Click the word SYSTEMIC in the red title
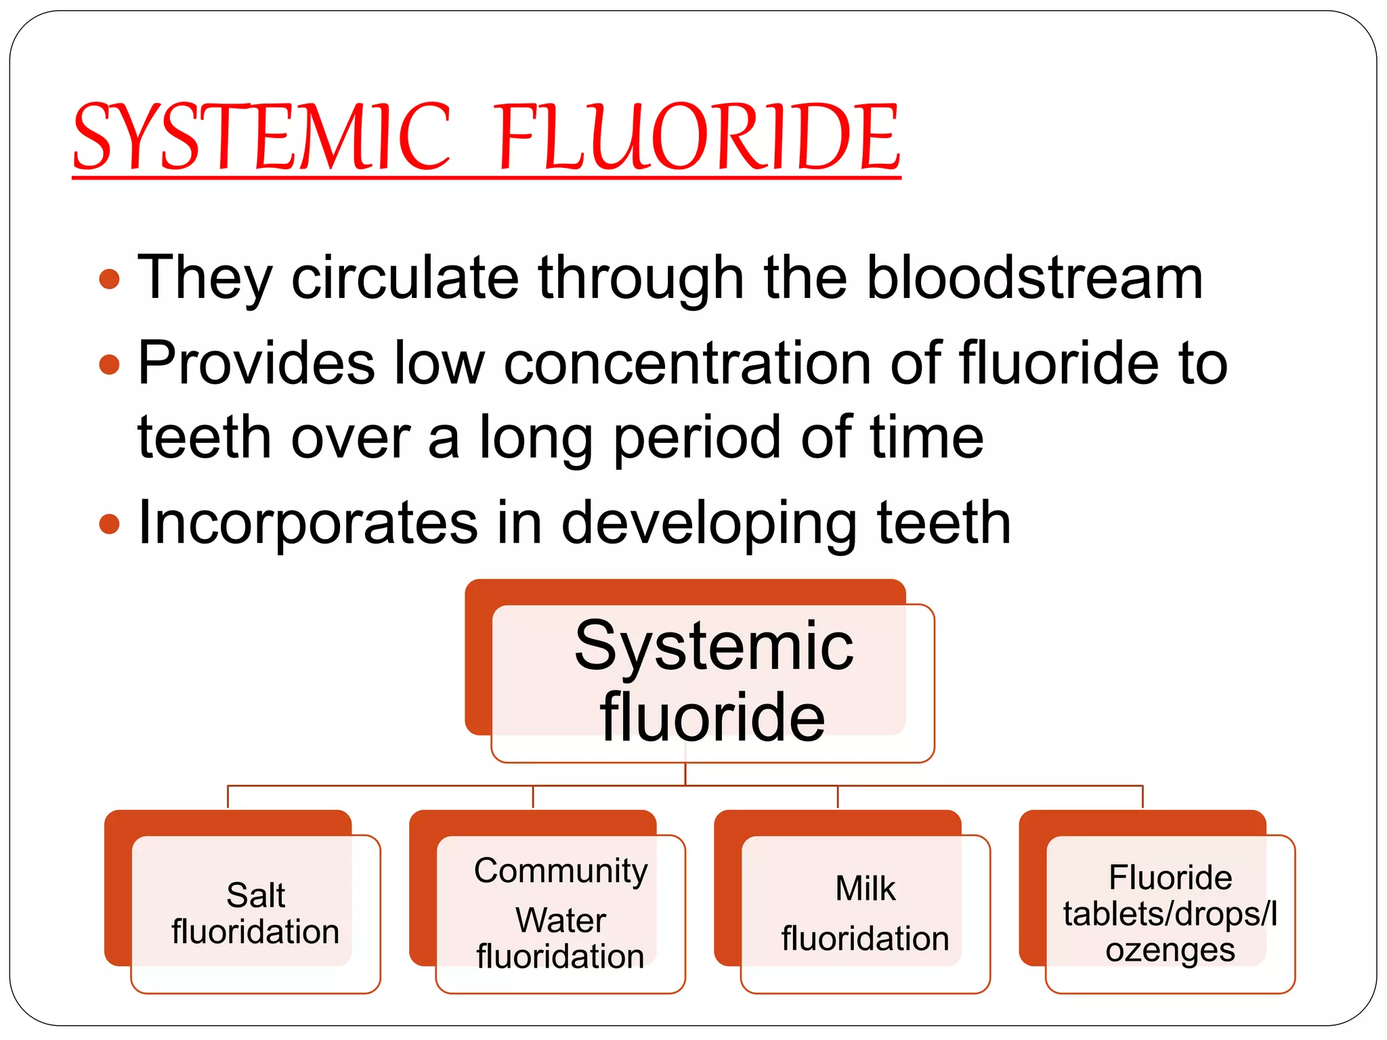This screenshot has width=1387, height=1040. point(261,137)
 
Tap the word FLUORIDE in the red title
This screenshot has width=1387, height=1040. point(699,137)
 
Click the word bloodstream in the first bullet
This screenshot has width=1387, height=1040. point(1035,278)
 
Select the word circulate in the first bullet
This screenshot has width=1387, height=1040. point(404,278)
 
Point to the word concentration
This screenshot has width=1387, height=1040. point(687,364)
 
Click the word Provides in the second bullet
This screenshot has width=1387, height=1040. point(256,364)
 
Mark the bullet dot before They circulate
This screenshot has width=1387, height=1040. point(109,279)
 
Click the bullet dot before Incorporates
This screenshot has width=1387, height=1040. point(109,523)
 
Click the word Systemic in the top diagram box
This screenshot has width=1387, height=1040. point(714,647)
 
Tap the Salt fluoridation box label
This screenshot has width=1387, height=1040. point(255,913)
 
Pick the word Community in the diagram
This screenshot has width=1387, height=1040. point(561,871)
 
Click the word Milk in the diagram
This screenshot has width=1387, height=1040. point(865,888)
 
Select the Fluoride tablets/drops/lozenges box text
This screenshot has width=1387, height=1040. point(1170,913)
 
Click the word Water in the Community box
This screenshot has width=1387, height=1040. point(561,920)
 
